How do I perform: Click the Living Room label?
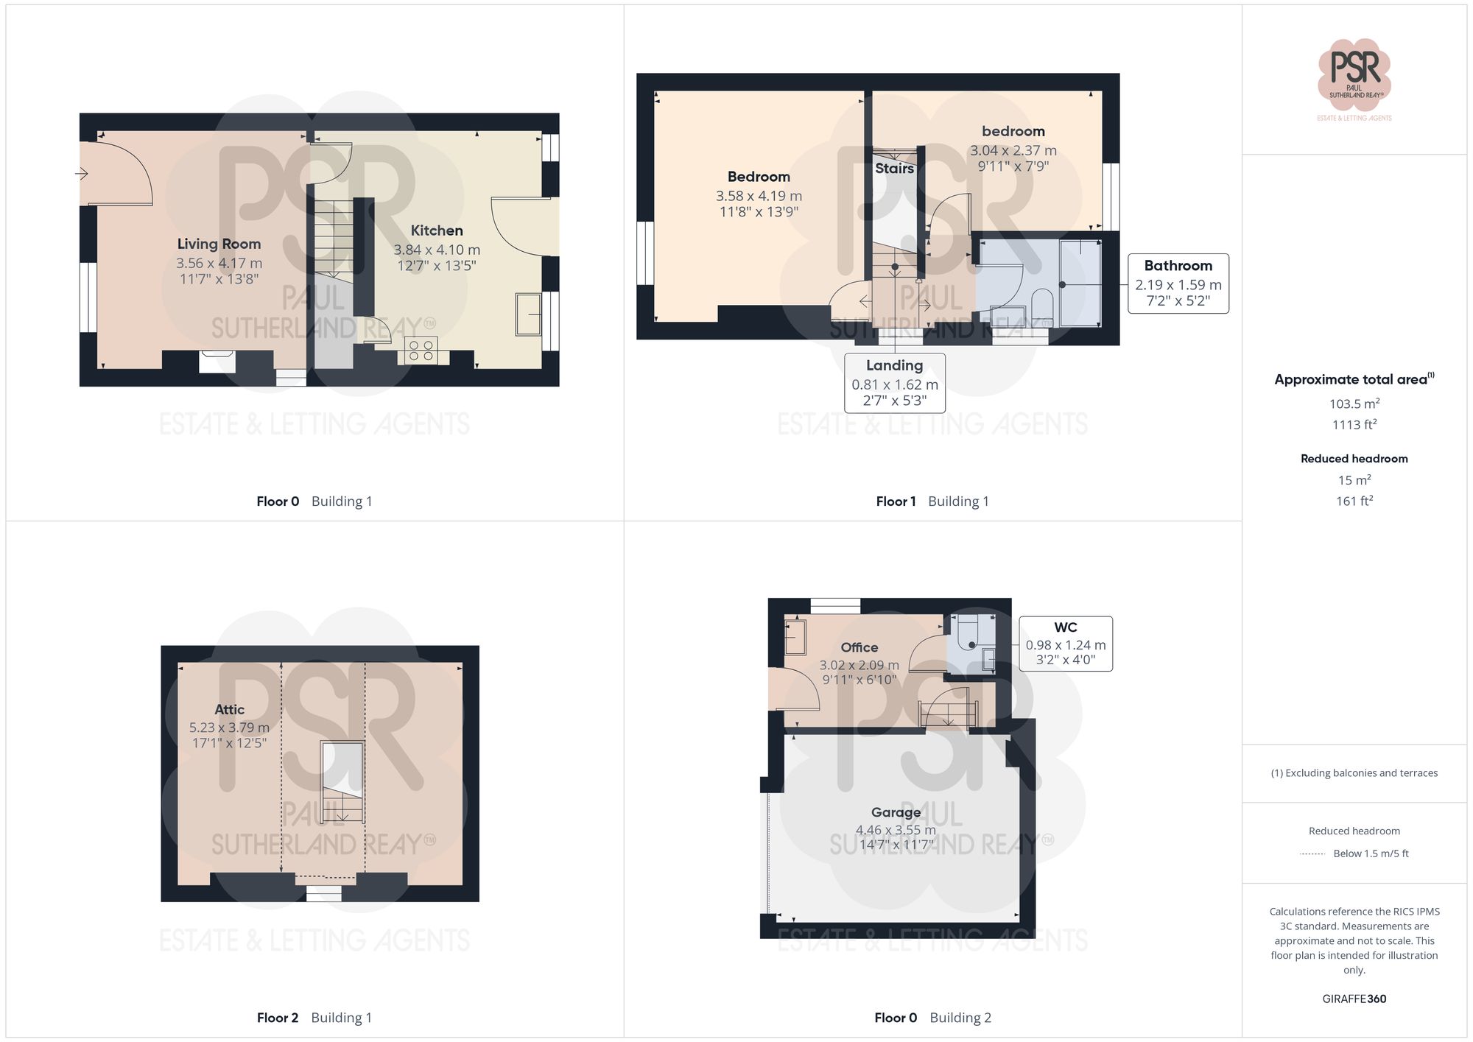(x=219, y=244)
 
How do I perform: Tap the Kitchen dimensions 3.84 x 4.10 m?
(x=437, y=250)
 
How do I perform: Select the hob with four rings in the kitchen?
(x=421, y=351)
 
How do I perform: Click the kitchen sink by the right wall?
(x=527, y=314)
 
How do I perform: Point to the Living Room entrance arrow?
(x=82, y=174)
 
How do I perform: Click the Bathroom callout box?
(x=1178, y=284)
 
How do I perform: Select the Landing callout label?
(x=894, y=366)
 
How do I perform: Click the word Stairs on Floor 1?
(x=894, y=169)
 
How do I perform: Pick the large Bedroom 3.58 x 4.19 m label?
(x=759, y=177)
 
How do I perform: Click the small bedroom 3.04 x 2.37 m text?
(x=1013, y=150)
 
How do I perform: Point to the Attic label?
(x=229, y=710)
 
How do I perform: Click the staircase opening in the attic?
(x=342, y=781)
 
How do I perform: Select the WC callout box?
(x=1065, y=644)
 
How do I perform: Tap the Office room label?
(x=859, y=647)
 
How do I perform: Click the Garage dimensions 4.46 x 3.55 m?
(x=896, y=830)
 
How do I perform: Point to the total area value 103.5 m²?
(x=1354, y=404)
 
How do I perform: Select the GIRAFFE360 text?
(x=1354, y=999)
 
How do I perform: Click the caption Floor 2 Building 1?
(x=314, y=1018)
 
